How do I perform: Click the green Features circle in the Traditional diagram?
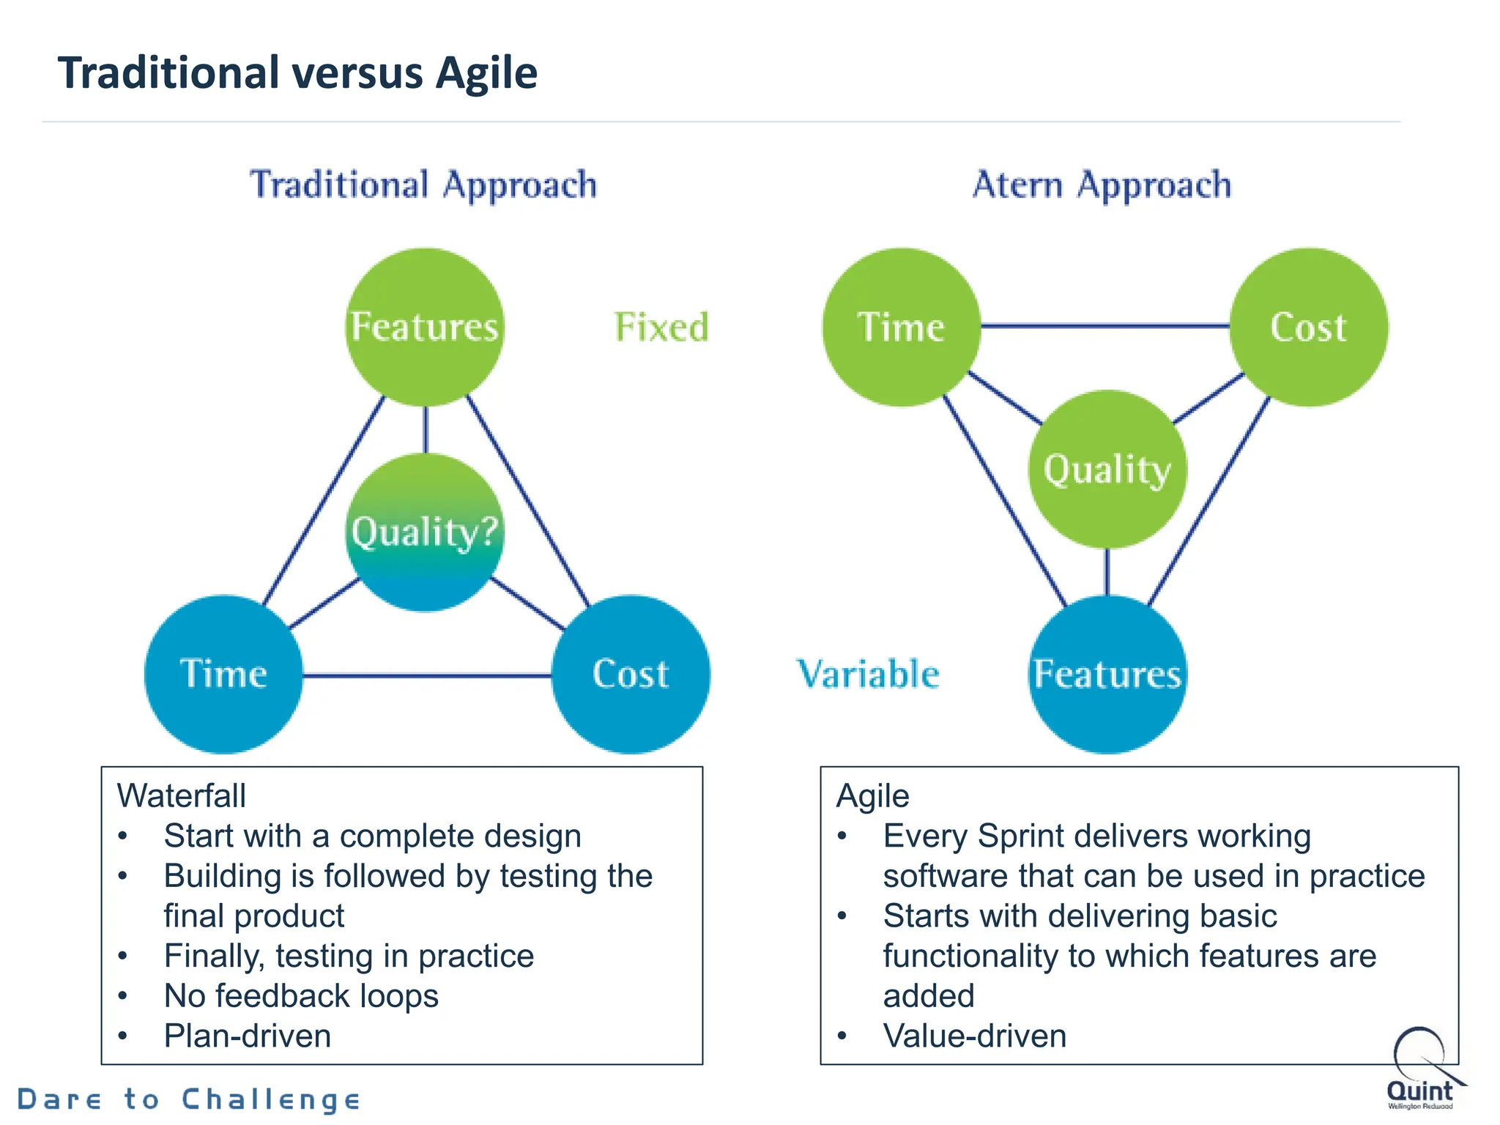[x=425, y=327]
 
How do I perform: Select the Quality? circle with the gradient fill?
[x=425, y=532]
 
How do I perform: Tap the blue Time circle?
[x=223, y=674]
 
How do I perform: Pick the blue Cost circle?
[x=631, y=674]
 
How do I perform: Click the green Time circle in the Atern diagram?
[x=902, y=327]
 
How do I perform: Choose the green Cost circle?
[x=1309, y=327]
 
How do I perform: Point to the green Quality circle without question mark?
[x=1107, y=469]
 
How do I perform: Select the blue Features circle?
[x=1107, y=674]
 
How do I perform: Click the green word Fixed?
[x=661, y=327]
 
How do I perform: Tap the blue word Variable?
[x=868, y=674]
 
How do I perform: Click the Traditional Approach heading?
[x=423, y=185]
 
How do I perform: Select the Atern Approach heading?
[x=1102, y=185]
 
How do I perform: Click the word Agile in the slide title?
[x=486, y=73]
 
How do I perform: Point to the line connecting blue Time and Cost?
[x=426, y=675]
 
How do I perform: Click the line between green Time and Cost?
[x=1104, y=326]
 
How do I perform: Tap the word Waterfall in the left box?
[x=181, y=796]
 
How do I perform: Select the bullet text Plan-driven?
[x=248, y=1036]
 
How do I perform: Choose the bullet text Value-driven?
[x=974, y=1036]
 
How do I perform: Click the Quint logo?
[x=1421, y=1069]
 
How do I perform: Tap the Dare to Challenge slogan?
[x=189, y=1099]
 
